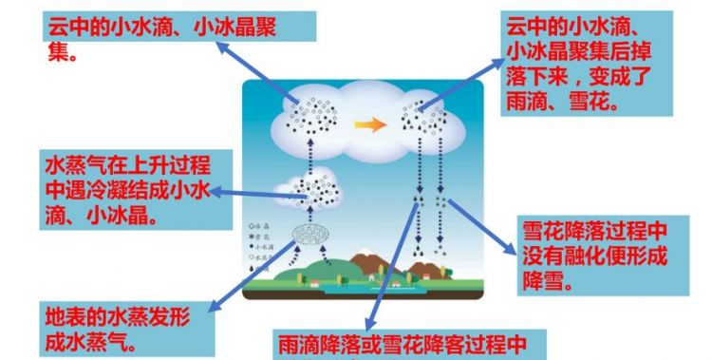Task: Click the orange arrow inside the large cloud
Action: (x=370, y=124)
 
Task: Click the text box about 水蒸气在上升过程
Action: (x=127, y=189)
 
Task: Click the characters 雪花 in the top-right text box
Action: (x=593, y=100)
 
